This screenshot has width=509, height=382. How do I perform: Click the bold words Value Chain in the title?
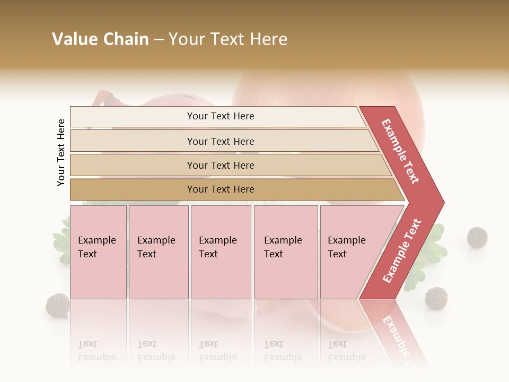(x=100, y=39)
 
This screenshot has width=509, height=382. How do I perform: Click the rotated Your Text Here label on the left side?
(x=61, y=152)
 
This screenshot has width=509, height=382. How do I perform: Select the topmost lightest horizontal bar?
(x=217, y=116)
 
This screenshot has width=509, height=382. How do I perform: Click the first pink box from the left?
(x=98, y=252)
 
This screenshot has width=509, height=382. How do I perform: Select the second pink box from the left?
(x=159, y=252)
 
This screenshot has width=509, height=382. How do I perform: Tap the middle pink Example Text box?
(x=221, y=252)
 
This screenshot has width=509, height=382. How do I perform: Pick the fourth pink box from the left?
(x=286, y=252)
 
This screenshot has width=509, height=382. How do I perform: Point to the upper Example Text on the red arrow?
(x=400, y=151)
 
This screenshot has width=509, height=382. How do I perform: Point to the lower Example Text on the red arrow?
(x=402, y=250)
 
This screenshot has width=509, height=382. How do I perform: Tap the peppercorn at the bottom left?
(x=58, y=306)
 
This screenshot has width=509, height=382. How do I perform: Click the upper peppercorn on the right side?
(x=477, y=237)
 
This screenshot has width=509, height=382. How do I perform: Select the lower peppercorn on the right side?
(x=436, y=298)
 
